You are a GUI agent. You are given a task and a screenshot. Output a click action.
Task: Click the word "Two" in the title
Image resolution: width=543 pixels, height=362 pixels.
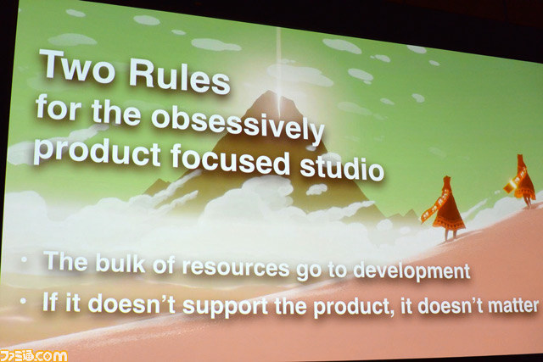point(77,66)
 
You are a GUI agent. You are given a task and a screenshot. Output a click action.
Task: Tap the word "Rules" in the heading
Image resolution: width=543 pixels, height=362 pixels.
point(179,77)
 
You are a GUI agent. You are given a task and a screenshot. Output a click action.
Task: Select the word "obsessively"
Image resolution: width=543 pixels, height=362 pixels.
point(238,125)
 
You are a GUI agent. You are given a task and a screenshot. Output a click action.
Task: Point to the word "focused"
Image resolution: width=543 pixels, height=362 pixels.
point(230,159)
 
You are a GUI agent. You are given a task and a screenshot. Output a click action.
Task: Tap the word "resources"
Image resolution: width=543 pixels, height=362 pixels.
point(236,267)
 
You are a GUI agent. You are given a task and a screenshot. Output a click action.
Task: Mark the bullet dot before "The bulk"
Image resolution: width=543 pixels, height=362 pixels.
point(24,259)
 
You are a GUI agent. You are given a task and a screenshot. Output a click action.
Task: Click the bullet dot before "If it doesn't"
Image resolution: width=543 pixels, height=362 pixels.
point(23,301)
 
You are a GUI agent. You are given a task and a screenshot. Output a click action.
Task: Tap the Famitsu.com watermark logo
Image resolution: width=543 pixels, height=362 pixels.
point(34,356)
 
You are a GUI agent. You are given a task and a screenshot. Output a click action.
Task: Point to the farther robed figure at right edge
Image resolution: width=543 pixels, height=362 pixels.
point(521,181)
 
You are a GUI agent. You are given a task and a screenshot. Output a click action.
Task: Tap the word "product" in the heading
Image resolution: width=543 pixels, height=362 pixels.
point(98,151)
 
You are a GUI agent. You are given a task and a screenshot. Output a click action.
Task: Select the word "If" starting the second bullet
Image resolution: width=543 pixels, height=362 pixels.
point(49,301)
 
